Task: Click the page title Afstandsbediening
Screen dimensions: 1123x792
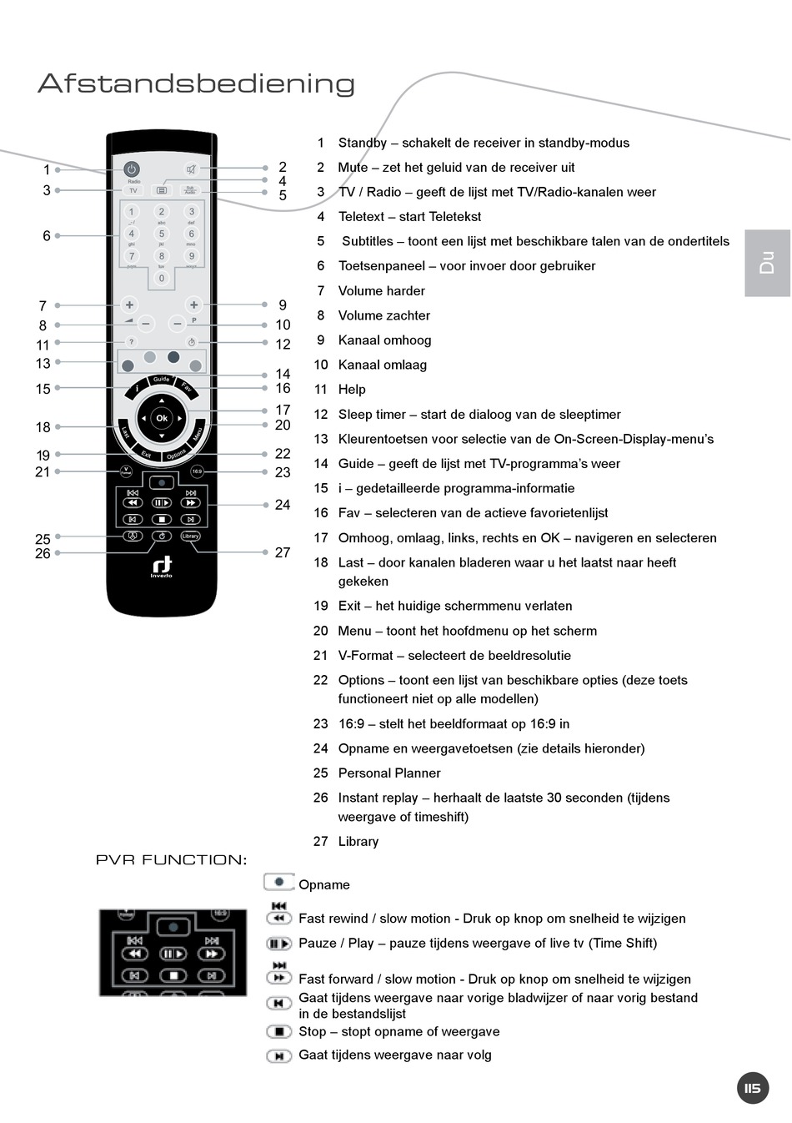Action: point(196,83)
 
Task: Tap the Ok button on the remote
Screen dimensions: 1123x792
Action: point(162,418)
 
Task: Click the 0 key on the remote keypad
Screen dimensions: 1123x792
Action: point(162,278)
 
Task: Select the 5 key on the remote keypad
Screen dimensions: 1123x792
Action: point(162,234)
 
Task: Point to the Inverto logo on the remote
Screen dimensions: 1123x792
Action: point(162,567)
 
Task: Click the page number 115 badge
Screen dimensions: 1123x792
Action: point(753,1088)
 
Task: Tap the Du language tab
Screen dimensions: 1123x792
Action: point(767,263)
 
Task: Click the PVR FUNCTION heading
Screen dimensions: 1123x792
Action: point(171,860)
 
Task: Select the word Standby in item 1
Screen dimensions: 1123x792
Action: point(363,143)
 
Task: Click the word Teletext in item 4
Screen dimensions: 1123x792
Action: point(363,217)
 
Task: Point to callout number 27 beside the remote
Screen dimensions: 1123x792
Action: point(283,552)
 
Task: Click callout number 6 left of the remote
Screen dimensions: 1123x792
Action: point(47,236)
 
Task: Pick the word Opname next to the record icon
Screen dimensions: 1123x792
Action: point(324,885)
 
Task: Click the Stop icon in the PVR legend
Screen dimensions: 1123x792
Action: point(278,1032)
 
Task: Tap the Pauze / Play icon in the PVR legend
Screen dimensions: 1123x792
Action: point(278,944)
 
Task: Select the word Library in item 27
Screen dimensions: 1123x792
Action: point(358,842)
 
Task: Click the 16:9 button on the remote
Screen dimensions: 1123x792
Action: point(197,471)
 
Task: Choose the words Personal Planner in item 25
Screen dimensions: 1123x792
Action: point(389,773)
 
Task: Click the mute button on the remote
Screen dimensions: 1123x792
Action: point(191,169)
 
